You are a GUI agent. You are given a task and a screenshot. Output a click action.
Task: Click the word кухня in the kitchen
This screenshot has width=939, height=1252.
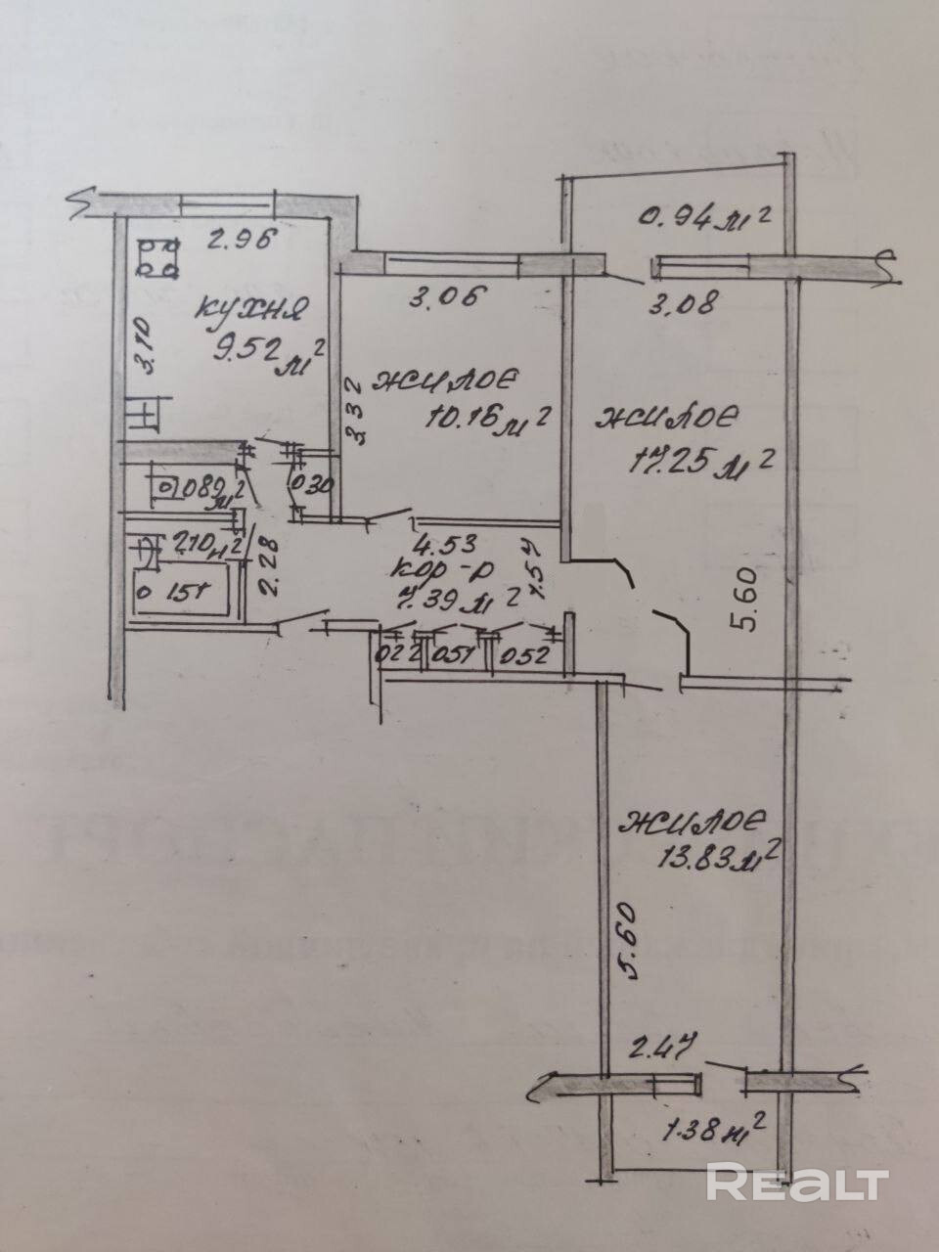coord(251,310)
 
